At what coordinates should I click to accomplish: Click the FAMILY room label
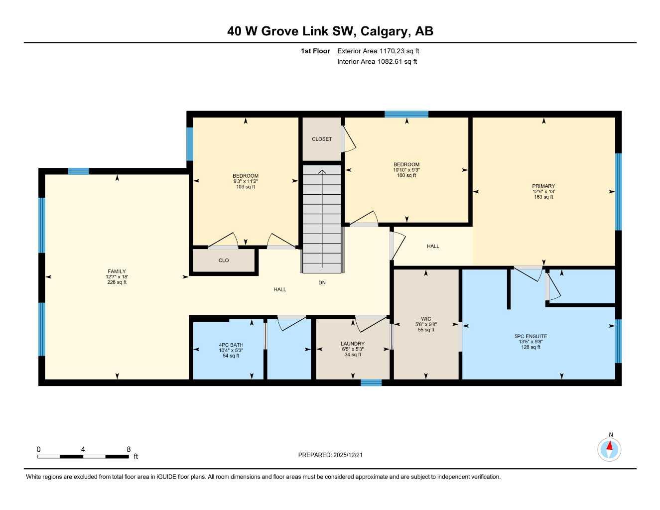point(117,271)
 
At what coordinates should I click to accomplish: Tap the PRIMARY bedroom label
point(543,186)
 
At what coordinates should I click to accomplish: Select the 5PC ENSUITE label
point(530,336)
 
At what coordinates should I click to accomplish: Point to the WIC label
point(426,319)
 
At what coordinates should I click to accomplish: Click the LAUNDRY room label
point(352,344)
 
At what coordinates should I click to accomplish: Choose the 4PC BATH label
point(231,345)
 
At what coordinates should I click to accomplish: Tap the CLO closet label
point(224,260)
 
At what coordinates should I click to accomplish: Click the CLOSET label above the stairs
point(322,139)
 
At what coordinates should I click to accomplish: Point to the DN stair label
point(322,282)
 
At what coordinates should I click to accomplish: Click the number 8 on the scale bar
point(129,449)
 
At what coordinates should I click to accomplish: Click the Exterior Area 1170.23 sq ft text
point(378,51)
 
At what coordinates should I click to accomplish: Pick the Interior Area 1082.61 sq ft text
point(377,62)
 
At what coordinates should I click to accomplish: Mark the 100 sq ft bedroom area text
point(406,175)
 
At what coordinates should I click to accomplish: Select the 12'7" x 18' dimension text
point(117,277)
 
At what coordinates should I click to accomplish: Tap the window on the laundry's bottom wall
point(371,382)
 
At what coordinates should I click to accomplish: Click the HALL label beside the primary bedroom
point(433,246)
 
